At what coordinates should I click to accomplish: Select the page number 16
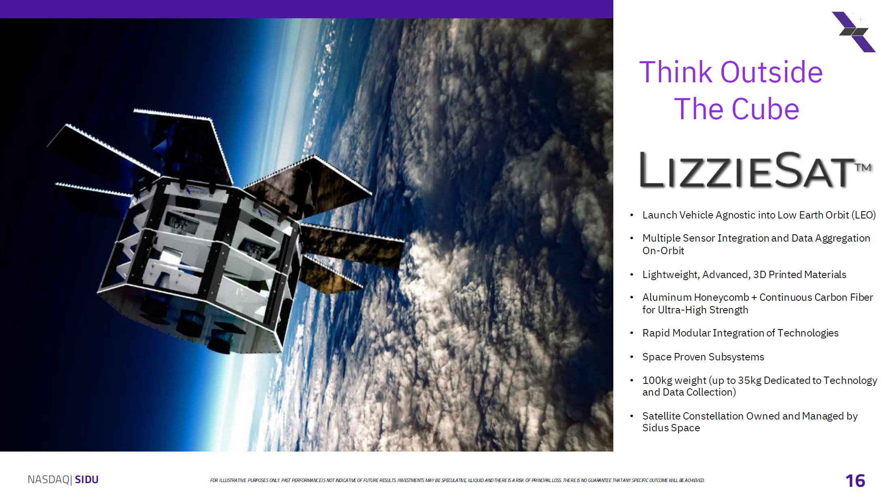pos(855,481)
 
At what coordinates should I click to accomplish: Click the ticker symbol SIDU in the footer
pos(87,480)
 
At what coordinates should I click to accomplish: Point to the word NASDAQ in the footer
pos(49,480)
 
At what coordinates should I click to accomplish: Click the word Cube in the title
pos(765,109)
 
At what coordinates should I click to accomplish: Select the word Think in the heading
pos(676,72)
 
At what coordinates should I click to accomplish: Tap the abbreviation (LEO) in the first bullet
pos(863,215)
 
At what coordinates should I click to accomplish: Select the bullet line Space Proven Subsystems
pos(703,357)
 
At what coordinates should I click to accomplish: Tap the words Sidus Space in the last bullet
pos(671,428)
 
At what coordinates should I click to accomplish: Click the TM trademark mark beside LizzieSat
pos(863,167)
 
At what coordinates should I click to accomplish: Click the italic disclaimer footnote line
pos(457,480)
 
